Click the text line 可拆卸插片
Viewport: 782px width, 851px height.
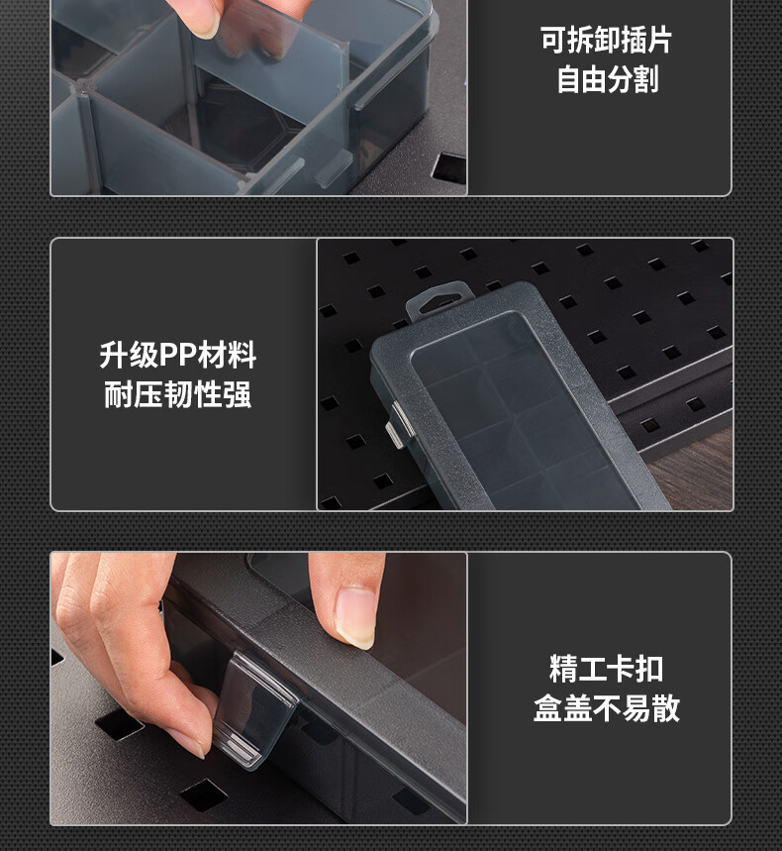click(606, 41)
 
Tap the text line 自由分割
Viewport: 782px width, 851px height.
click(608, 79)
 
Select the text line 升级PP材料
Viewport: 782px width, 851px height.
click(178, 356)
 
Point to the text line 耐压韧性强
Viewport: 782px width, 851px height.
click(178, 394)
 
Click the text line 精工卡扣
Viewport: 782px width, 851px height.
click(606, 669)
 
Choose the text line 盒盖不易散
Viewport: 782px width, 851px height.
click(606, 708)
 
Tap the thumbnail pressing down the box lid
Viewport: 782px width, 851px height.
click(355, 616)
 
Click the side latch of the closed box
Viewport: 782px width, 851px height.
click(399, 426)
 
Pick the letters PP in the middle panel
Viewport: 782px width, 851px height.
click(177, 356)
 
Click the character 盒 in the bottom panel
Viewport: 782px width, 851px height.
click(547, 708)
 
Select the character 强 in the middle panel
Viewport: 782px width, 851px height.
click(238, 394)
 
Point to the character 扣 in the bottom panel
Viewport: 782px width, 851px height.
click(649, 669)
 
